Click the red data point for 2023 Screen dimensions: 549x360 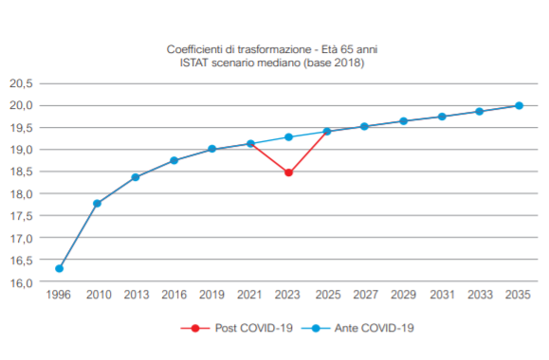(288, 172)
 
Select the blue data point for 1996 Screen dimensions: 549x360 (59, 268)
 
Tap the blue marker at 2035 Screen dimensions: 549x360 (519, 105)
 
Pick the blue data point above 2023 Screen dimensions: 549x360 (288, 136)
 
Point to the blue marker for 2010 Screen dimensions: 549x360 (98, 204)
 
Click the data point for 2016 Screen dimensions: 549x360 (174, 160)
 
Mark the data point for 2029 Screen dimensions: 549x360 (403, 121)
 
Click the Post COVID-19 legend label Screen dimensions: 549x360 (253, 328)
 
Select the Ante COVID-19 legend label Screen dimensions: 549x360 (374, 328)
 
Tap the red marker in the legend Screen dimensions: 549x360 (195, 328)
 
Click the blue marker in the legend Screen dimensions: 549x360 (316, 328)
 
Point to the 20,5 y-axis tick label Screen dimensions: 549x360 (21, 83)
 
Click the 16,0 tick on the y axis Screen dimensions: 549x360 (21, 282)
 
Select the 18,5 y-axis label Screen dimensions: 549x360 (21, 171)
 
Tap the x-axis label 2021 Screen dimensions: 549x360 (249, 295)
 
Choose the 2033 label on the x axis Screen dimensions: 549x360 (480, 295)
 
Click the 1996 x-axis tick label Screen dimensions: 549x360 (58, 295)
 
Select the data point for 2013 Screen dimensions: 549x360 (136, 177)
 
